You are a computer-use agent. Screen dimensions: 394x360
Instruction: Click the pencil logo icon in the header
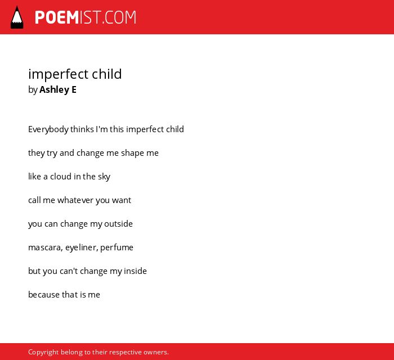pos(17,17)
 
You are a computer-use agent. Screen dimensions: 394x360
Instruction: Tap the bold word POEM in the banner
pos(57,17)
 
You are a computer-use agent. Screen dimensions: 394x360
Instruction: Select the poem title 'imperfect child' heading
pos(75,74)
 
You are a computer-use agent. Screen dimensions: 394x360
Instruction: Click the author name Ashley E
pos(58,89)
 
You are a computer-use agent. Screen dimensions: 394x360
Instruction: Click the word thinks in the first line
pos(82,129)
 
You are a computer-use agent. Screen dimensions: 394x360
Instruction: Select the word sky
pos(104,177)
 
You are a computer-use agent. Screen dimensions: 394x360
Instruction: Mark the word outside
pos(118,223)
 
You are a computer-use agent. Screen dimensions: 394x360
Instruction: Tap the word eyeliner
pos(82,248)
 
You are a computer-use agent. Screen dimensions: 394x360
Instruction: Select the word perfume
pos(117,248)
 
